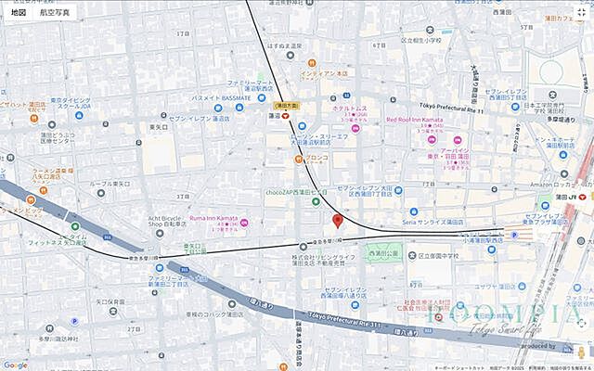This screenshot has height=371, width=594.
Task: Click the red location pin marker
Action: (338, 221)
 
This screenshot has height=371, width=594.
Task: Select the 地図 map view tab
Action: (19, 13)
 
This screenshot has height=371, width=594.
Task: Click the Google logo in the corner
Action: (16, 364)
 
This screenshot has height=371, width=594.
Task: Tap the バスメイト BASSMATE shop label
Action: (222, 97)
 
